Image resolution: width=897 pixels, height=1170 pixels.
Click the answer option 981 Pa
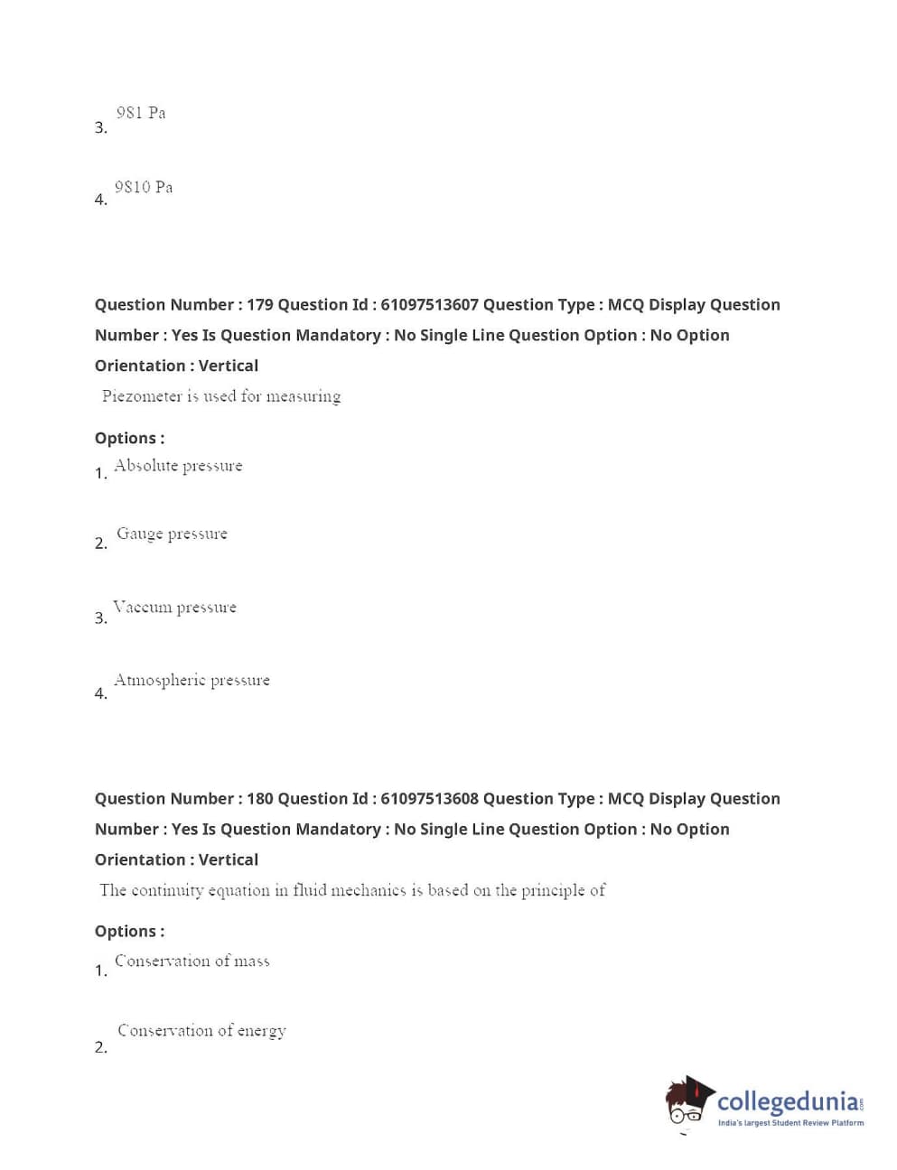click(141, 113)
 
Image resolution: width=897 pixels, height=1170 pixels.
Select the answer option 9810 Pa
click(144, 187)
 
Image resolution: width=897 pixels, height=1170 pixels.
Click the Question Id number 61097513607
click(429, 305)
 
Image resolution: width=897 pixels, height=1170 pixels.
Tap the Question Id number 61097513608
click(429, 799)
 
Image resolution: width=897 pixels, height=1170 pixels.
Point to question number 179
click(259, 305)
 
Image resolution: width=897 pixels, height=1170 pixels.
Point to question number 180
click(259, 799)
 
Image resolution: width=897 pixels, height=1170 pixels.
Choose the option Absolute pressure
click(178, 466)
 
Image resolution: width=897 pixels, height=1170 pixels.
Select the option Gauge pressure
click(172, 534)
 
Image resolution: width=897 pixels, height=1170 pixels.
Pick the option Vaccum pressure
click(174, 607)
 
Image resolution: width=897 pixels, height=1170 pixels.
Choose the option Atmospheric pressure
click(192, 680)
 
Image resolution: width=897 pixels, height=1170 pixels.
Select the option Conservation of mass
click(192, 961)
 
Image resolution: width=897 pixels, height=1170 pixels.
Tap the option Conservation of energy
click(201, 1030)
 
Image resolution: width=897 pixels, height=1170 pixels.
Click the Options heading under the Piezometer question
click(129, 439)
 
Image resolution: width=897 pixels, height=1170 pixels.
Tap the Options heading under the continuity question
click(129, 932)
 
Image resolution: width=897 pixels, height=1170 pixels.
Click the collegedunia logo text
click(788, 1102)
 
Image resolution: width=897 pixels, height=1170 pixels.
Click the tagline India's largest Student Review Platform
click(790, 1123)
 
